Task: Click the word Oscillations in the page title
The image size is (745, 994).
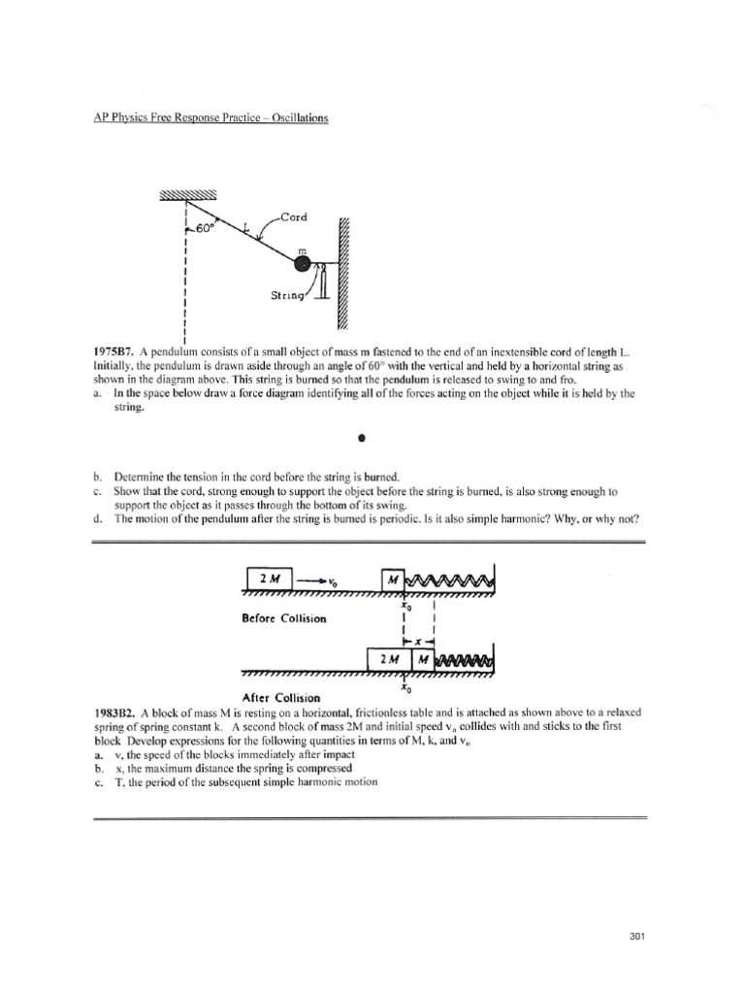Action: click(x=295, y=118)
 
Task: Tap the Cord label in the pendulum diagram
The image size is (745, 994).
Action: click(x=294, y=217)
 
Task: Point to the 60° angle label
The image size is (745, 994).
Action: click(x=200, y=229)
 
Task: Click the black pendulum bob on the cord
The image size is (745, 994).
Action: click(x=304, y=264)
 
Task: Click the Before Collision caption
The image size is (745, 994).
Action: click(x=286, y=617)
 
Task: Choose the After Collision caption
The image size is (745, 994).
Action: click(x=280, y=696)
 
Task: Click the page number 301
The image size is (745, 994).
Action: click(x=636, y=937)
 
